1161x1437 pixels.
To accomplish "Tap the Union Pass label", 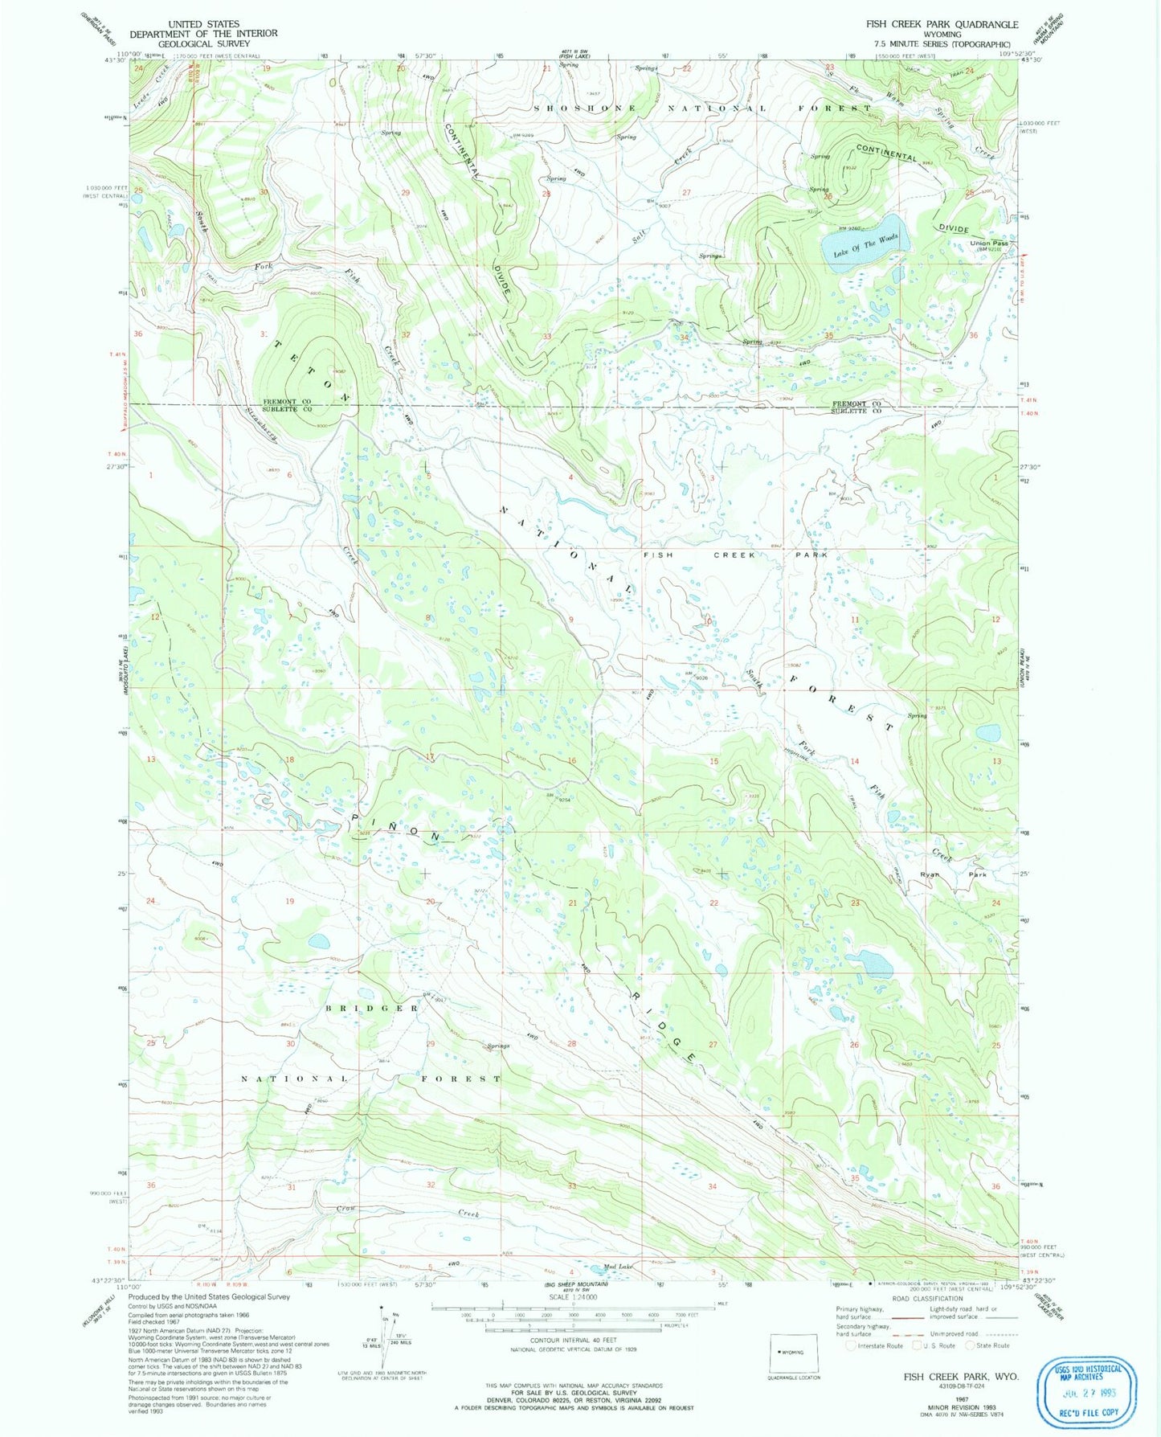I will (x=989, y=243).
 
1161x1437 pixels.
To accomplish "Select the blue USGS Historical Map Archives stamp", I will (x=1089, y=1389).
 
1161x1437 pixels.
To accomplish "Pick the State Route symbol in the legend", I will (x=971, y=1345).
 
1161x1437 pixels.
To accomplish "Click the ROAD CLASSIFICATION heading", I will (x=927, y=1298).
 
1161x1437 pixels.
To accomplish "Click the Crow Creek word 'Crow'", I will (x=345, y=1209).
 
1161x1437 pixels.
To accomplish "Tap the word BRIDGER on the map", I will (x=372, y=1008).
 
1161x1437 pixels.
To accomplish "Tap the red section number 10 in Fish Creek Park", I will (x=707, y=621).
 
